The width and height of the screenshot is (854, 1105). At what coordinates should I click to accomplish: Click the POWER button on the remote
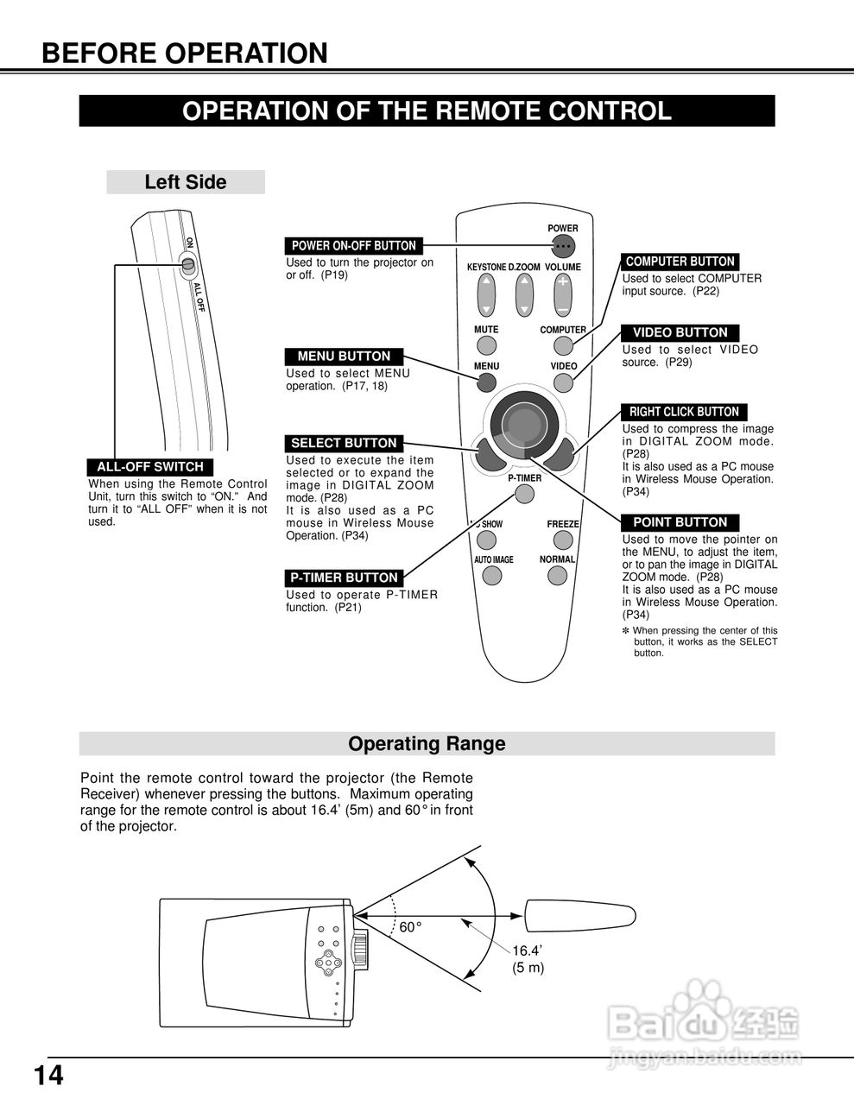(x=563, y=245)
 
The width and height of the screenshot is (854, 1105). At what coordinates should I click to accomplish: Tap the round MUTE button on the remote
(x=487, y=345)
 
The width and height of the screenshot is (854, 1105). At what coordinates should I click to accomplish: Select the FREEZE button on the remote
(x=563, y=540)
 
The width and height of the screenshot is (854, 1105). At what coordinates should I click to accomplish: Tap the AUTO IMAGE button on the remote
(x=492, y=575)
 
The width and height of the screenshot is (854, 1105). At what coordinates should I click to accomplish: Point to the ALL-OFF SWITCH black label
(x=149, y=467)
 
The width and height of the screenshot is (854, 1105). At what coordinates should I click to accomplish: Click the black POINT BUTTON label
(x=680, y=522)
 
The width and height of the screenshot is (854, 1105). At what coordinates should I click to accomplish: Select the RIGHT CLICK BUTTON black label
(x=684, y=412)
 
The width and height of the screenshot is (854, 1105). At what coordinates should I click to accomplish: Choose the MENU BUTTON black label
(x=344, y=357)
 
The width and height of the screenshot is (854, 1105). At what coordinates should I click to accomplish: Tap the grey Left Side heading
(x=185, y=182)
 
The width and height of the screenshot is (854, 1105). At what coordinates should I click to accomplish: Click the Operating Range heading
(x=427, y=743)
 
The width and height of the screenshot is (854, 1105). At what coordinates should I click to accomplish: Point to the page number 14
(x=48, y=1076)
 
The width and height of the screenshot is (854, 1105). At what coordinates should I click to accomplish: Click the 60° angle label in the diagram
(x=410, y=927)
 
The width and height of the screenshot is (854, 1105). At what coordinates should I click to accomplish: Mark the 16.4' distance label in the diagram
(x=527, y=950)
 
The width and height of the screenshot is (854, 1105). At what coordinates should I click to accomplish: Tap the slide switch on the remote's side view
(x=187, y=264)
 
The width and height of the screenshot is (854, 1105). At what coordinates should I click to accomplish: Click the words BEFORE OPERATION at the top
(x=185, y=54)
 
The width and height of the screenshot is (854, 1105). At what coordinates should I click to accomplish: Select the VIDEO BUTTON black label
(x=680, y=332)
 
